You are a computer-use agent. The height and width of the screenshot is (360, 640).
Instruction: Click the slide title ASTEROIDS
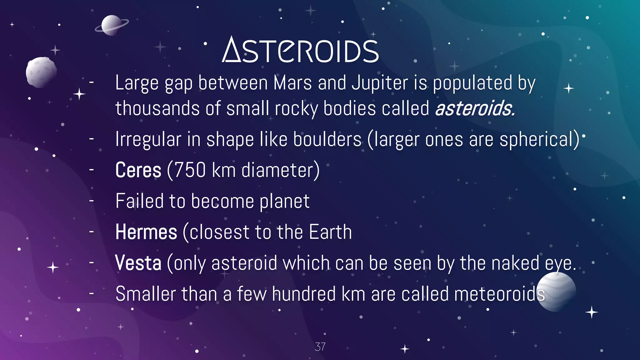[300, 50]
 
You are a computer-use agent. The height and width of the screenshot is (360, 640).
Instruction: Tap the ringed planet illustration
[112, 25]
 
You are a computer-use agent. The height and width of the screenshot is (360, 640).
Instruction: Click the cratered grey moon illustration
[41, 72]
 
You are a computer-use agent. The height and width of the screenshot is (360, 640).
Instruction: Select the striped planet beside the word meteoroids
[556, 291]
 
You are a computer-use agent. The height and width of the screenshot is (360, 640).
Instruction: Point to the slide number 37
[320, 347]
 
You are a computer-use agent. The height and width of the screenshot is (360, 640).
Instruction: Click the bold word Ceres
[138, 170]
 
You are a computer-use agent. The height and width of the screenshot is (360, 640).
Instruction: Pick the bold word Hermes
[146, 232]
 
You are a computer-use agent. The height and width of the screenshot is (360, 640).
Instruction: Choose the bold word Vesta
[138, 263]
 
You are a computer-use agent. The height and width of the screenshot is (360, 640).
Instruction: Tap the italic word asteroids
[474, 108]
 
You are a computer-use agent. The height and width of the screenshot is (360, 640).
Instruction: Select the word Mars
[292, 83]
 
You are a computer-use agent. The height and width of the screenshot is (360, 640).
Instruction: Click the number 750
[190, 170]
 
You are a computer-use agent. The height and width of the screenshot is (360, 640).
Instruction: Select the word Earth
[330, 232]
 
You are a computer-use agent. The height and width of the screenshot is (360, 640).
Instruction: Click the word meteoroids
[499, 294]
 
